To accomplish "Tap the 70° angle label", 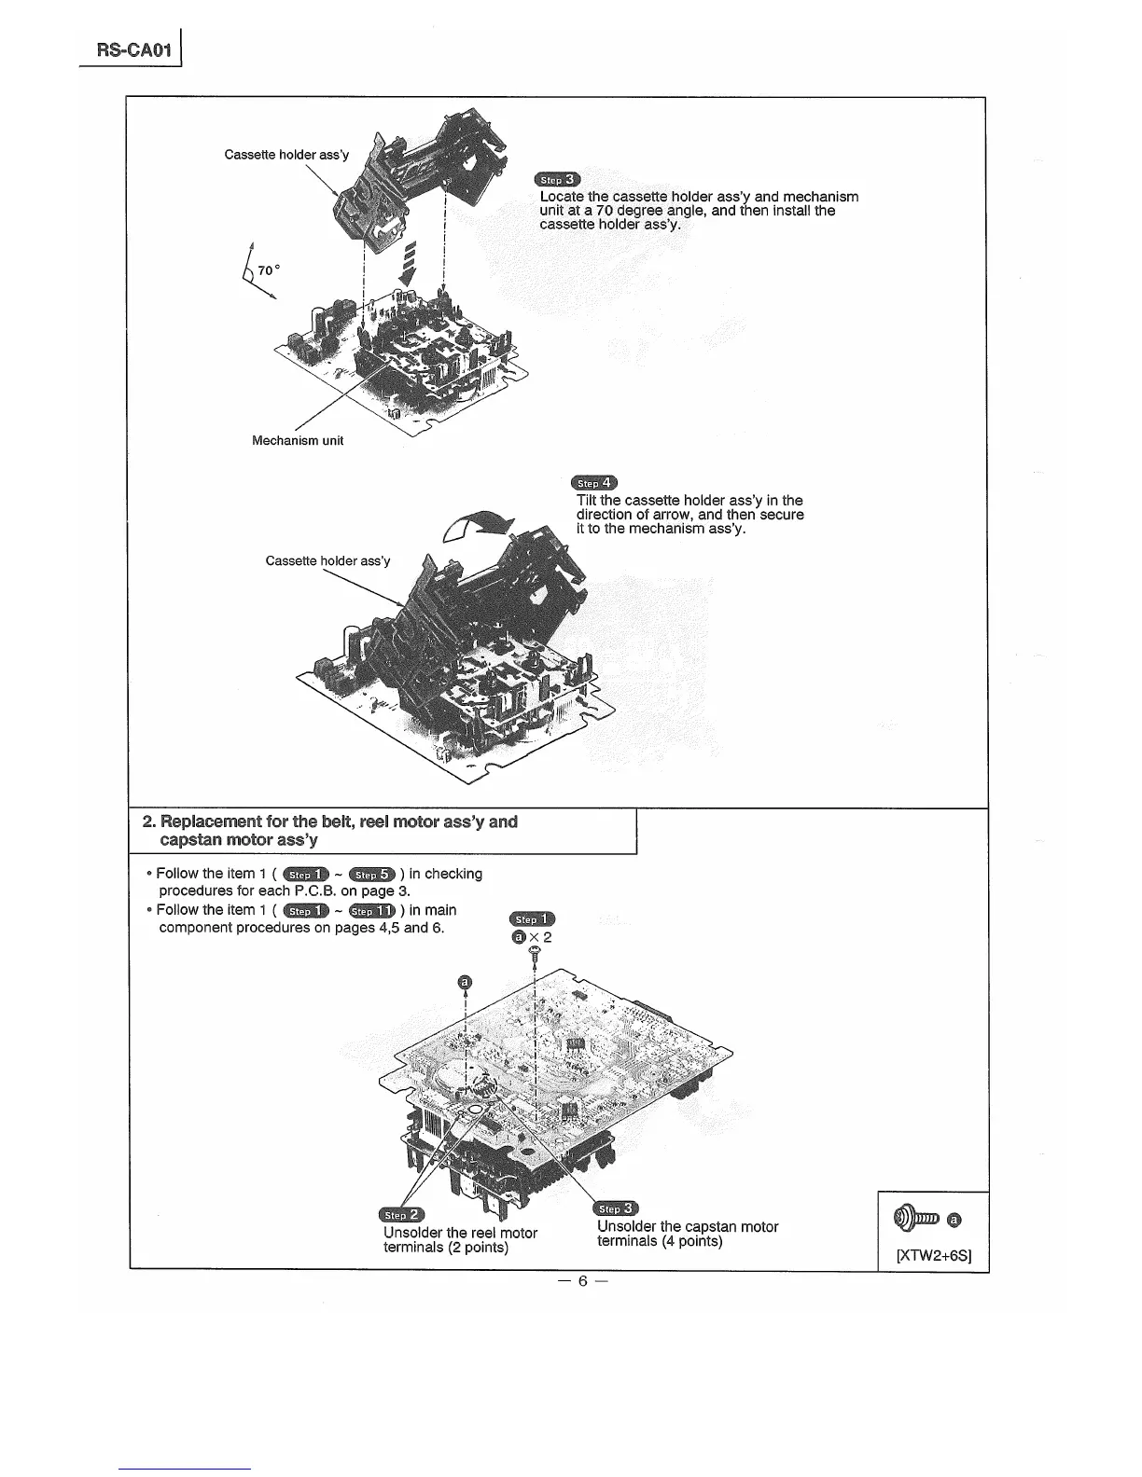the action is [x=269, y=270].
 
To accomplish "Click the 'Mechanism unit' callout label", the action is [x=298, y=440].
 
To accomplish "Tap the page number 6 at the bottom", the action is [x=581, y=1281].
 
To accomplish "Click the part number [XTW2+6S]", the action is [x=934, y=1255].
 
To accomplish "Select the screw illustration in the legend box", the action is [x=918, y=1217].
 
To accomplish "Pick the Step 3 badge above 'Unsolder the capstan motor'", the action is [x=616, y=1209].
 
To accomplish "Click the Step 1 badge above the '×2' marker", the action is [x=534, y=919].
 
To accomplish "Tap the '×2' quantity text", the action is [x=541, y=937].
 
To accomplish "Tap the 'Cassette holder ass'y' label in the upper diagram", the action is [x=286, y=154].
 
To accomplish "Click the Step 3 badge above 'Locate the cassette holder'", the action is [x=557, y=180].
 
